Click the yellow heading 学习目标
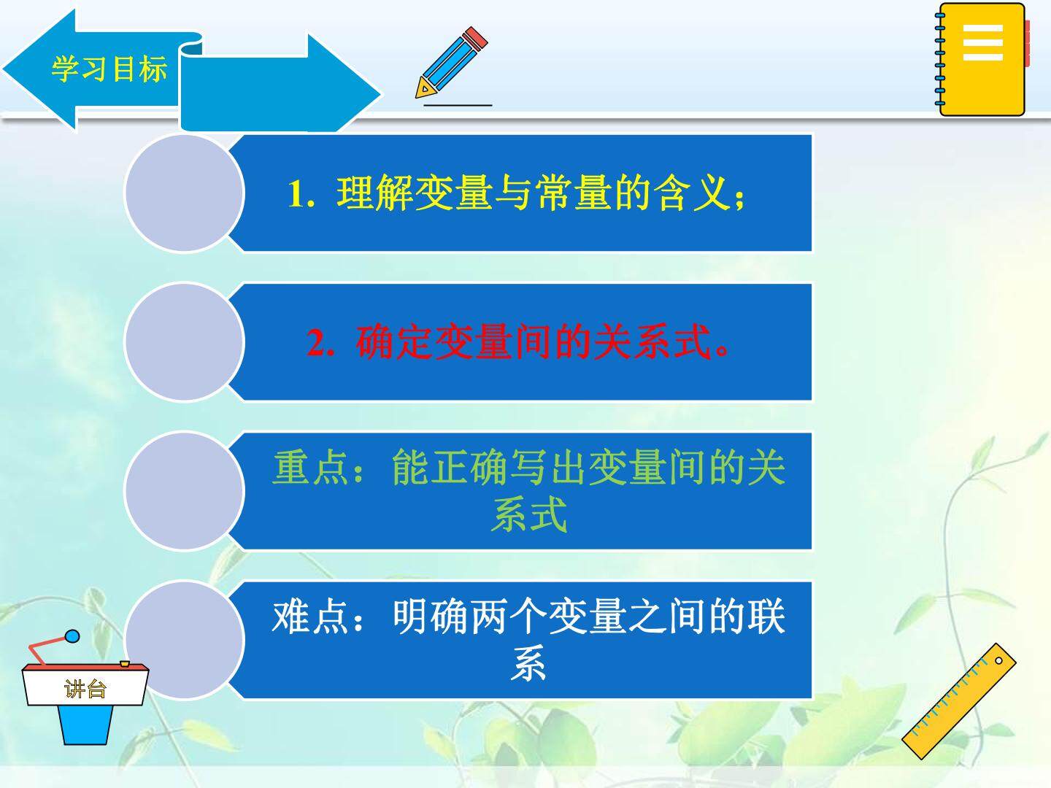[x=109, y=69]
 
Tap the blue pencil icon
[x=451, y=63]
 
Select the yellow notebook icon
[x=982, y=59]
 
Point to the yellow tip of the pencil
[x=424, y=89]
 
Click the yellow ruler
[x=958, y=701]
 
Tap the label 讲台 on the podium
[x=85, y=689]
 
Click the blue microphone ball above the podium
[x=72, y=636]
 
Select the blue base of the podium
[x=85, y=725]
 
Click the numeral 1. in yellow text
[x=301, y=194]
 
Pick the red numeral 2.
[x=320, y=343]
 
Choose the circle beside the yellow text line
[x=185, y=193]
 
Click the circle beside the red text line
[x=185, y=342]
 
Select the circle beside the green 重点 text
[x=185, y=491]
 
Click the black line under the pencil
[x=458, y=105]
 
